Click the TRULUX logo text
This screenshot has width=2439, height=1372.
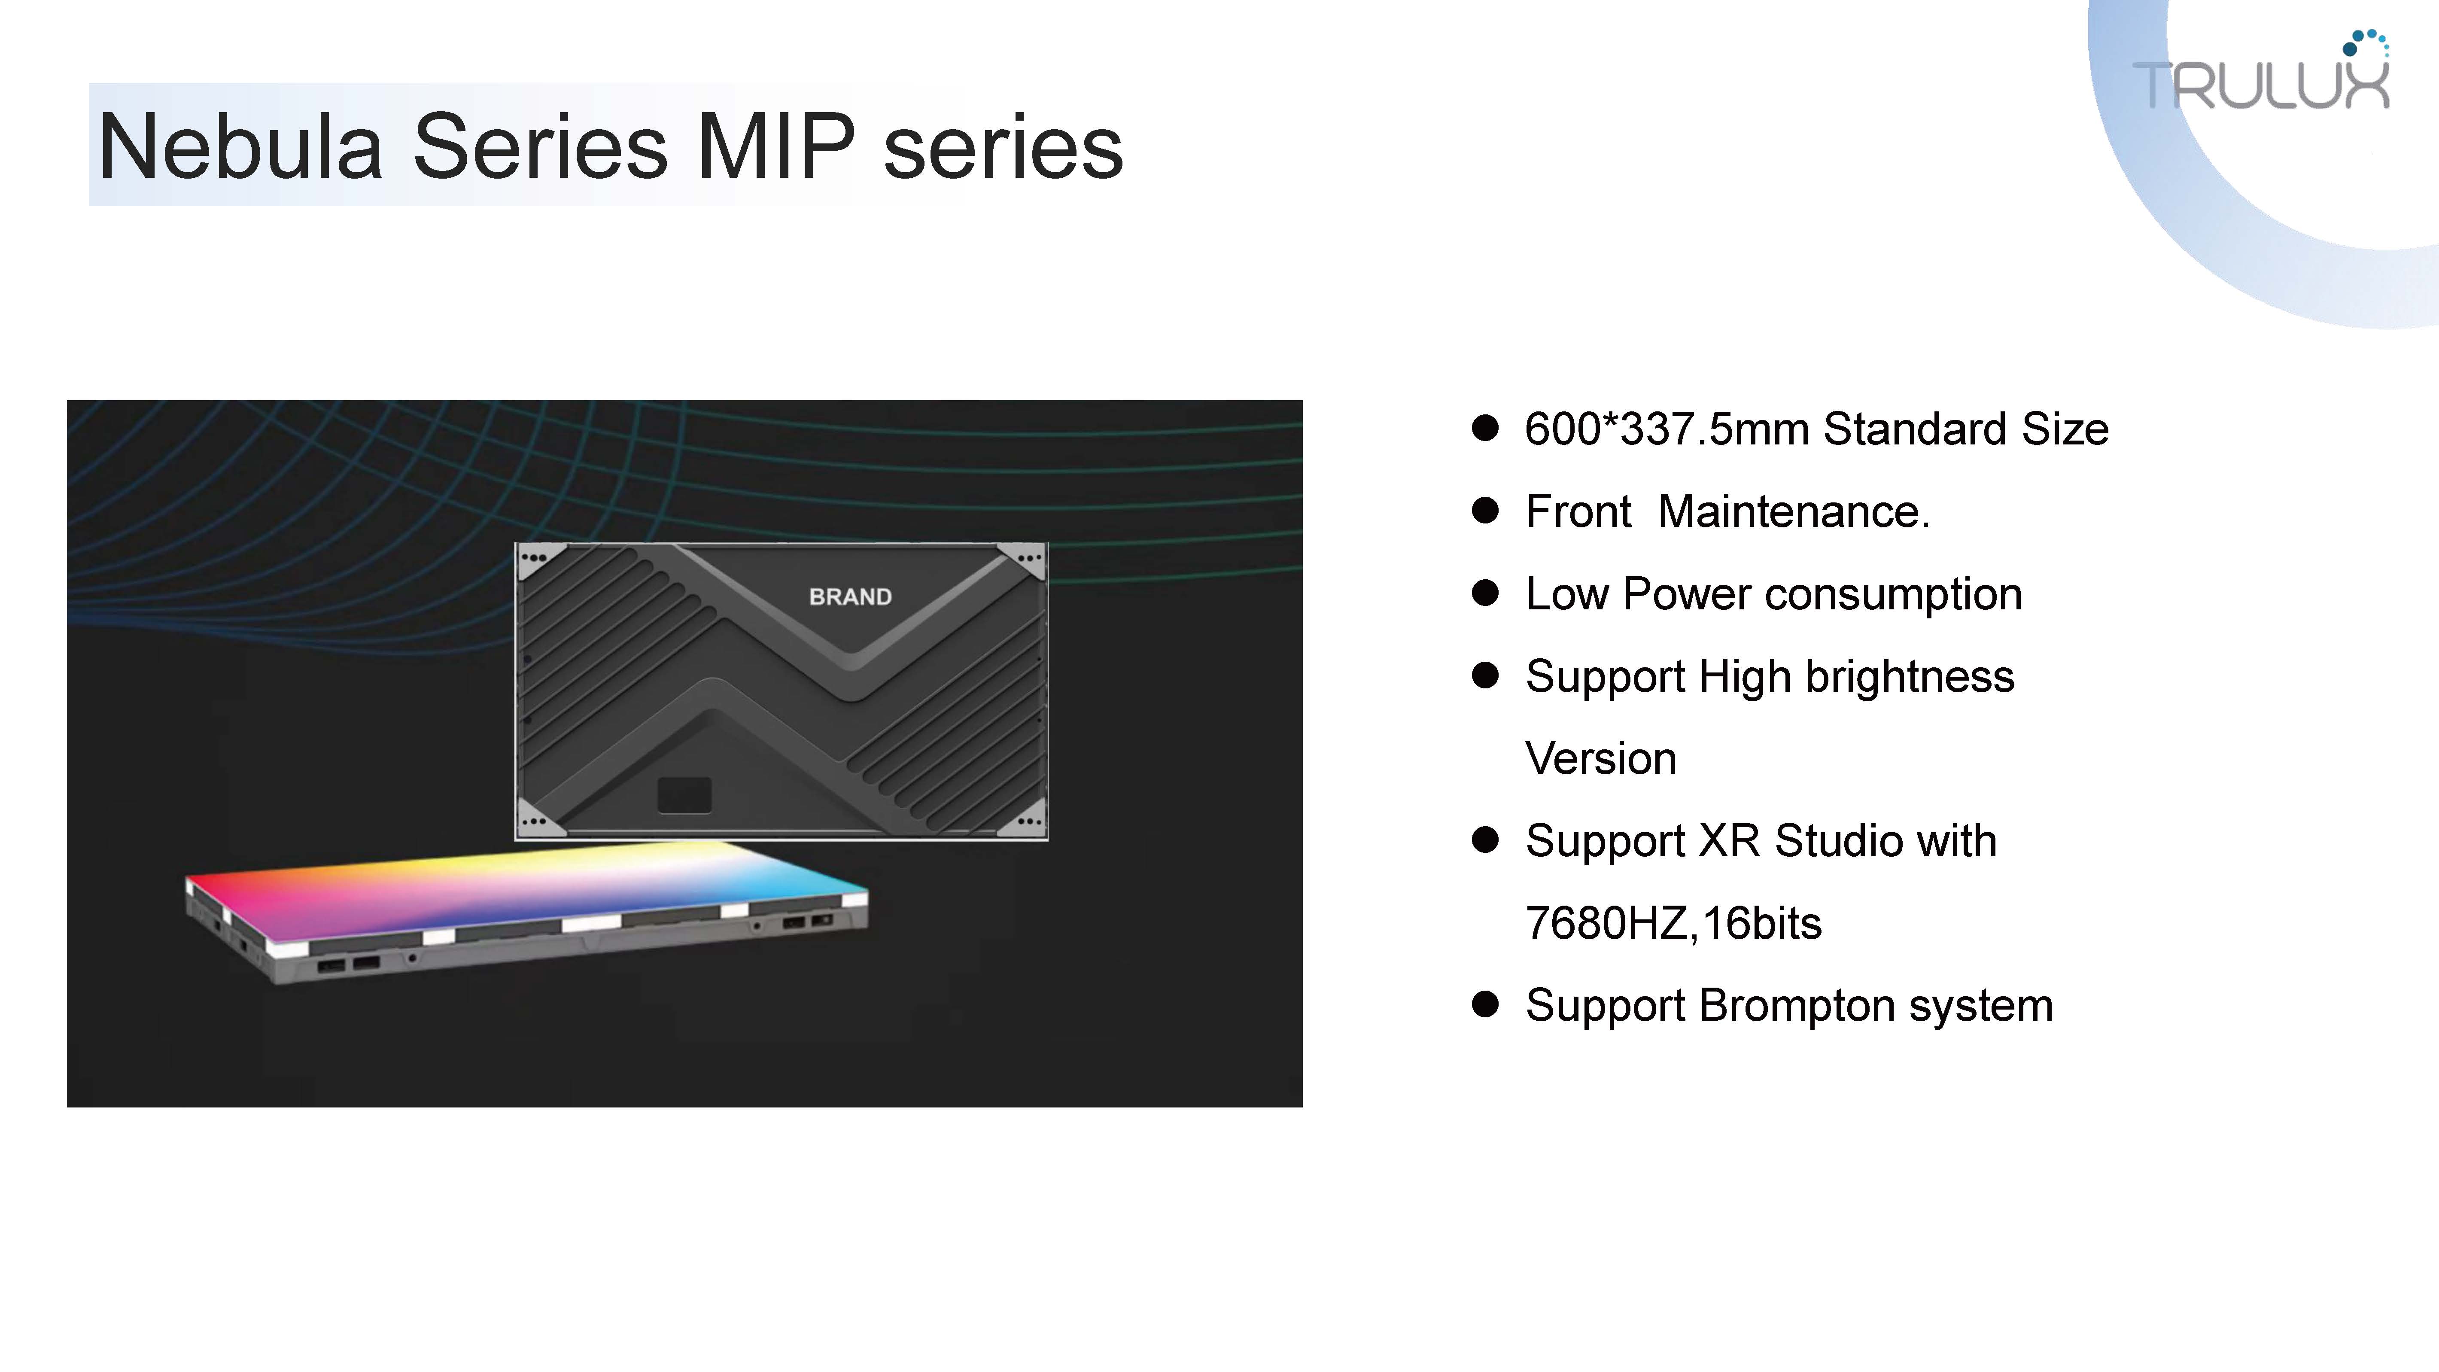click(x=2261, y=85)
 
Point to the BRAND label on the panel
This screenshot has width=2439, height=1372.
click(x=850, y=596)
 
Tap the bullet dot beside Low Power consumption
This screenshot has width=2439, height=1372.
click(x=1486, y=594)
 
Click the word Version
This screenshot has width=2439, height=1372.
click(x=1601, y=758)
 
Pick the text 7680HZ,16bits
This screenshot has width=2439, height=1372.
click(x=1673, y=923)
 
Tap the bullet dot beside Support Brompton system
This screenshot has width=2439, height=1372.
click(x=1486, y=1004)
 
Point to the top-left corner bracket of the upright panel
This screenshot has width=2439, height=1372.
click(x=541, y=562)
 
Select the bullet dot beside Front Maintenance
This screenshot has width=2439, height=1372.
click(x=1486, y=511)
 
